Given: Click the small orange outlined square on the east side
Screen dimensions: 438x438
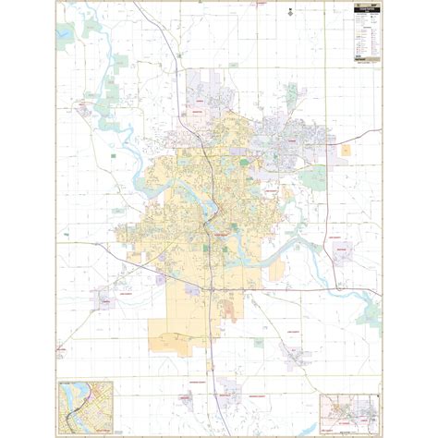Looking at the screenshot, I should point(347,149).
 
